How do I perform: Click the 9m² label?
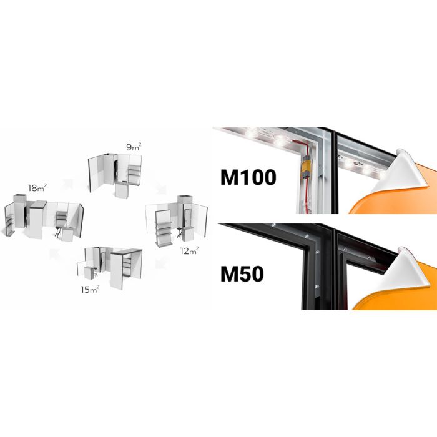point(134,147)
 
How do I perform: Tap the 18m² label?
point(37,188)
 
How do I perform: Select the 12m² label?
point(189,251)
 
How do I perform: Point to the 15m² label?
point(90,290)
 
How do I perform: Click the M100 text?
point(248,177)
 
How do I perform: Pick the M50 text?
point(242,274)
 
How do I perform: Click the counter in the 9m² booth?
point(122,190)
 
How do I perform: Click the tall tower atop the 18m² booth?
point(20,211)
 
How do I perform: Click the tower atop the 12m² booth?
point(184,199)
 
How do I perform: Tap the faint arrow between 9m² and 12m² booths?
point(161,189)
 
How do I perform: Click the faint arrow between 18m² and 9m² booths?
point(67,184)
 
